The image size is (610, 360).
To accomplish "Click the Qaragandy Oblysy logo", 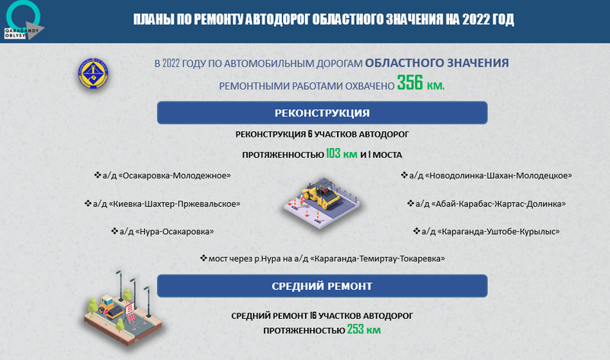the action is (24, 21).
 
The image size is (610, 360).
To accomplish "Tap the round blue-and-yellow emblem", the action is (93, 73).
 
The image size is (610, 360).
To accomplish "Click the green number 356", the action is (409, 83).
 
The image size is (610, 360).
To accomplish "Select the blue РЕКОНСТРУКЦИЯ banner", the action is (322, 113).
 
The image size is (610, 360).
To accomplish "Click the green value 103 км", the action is (341, 154).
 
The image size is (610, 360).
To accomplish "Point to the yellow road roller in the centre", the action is (321, 194).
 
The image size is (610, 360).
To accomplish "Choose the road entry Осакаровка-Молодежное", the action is (162, 175).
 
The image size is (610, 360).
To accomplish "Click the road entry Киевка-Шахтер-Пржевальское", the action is (162, 204).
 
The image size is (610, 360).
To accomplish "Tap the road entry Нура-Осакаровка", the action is (162, 232).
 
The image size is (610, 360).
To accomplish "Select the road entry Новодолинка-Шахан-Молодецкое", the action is (486, 175).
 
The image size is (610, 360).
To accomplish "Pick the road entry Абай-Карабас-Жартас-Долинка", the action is (486, 204).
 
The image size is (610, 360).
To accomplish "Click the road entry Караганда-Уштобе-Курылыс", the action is (486, 232).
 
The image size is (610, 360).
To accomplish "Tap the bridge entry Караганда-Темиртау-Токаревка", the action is (322, 259).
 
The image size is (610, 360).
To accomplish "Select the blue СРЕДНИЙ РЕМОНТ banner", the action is (322, 286).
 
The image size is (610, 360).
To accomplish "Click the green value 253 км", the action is (364, 329).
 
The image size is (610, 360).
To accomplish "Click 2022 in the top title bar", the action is (476, 19).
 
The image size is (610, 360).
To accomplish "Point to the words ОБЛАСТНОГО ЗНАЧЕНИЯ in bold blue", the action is (437, 63).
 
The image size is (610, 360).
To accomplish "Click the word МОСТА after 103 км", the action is (387, 155).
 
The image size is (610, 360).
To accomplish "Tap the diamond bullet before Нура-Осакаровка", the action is (114, 231).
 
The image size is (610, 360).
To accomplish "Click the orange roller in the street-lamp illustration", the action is (107, 306).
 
